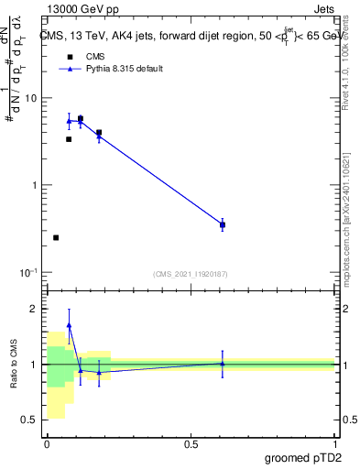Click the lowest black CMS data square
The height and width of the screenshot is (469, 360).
[x=56, y=237]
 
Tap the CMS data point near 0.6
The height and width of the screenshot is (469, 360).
[x=223, y=224]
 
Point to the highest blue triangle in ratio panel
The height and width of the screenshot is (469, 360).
[x=69, y=325]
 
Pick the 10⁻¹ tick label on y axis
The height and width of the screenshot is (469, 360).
[x=30, y=273]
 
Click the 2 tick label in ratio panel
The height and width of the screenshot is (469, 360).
[x=36, y=309]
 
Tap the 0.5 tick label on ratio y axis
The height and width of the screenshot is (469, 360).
[x=31, y=420]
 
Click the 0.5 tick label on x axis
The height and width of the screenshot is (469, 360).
[x=191, y=444]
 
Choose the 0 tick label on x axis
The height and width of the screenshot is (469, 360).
[x=47, y=444]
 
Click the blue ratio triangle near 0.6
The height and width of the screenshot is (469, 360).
[x=223, y=363]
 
